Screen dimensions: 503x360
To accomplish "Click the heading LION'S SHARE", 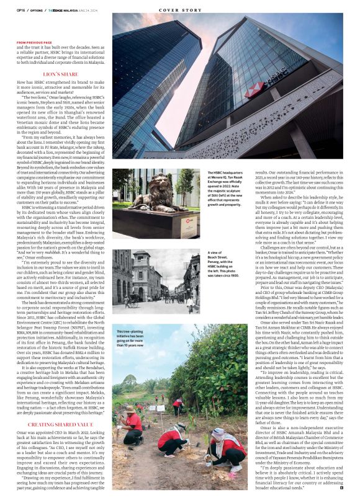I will pyautogui.click(x=61, y=74).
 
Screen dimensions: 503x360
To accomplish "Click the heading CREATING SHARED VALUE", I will pyautogui.click(x=61, y=407).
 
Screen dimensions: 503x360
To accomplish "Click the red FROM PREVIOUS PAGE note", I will pyautogui.click(x=35, y=42).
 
